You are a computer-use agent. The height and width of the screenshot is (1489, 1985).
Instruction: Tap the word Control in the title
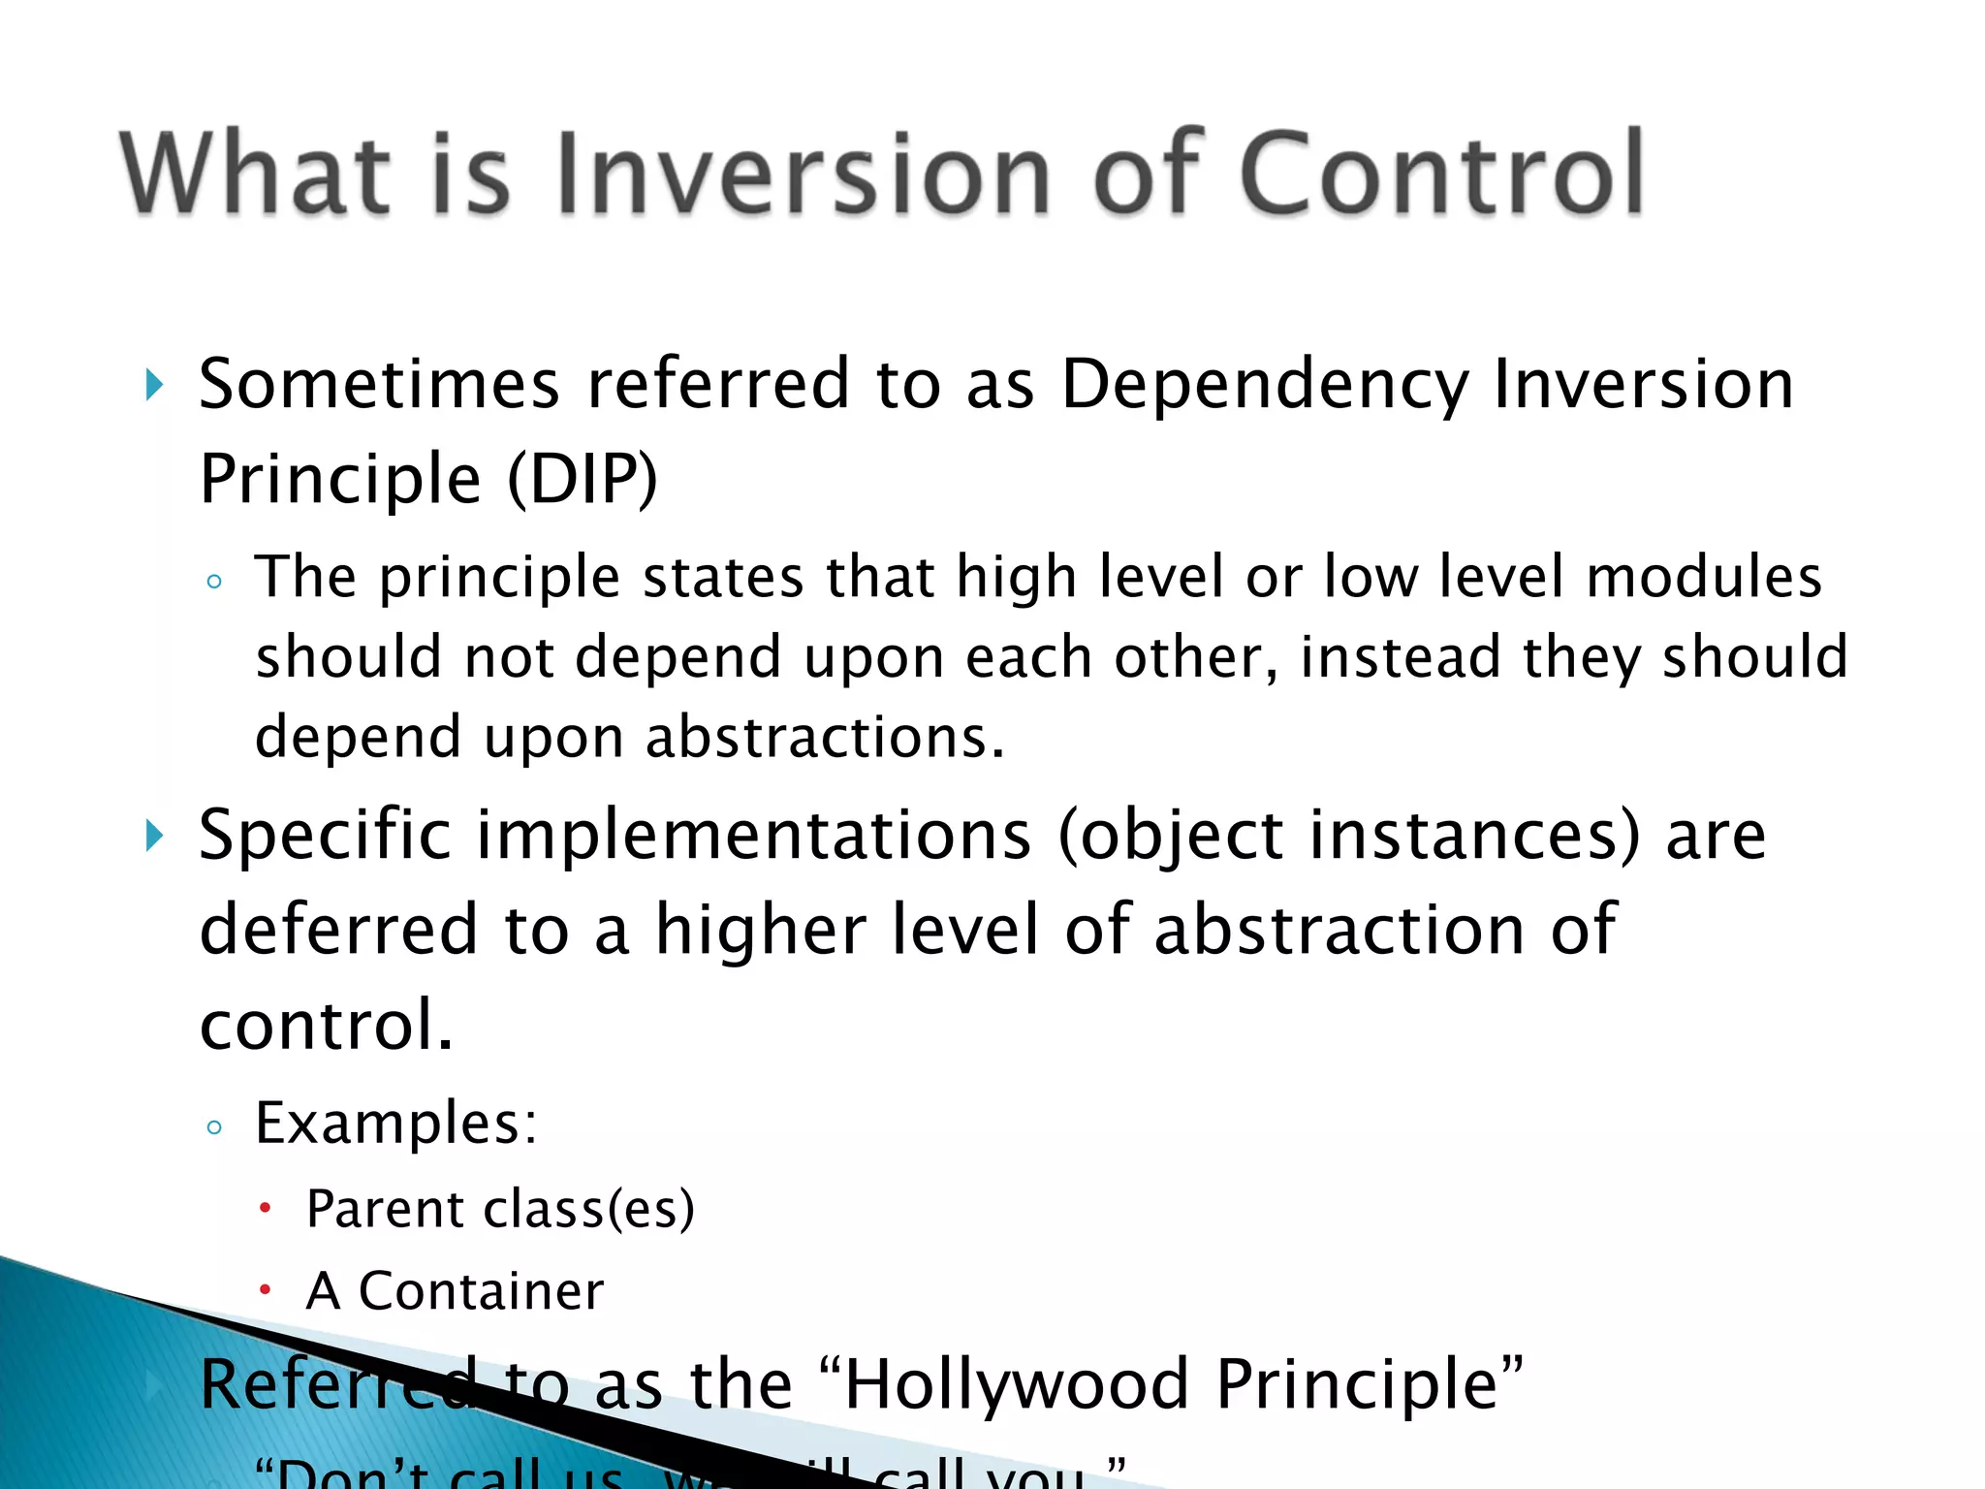tap(1440, 174)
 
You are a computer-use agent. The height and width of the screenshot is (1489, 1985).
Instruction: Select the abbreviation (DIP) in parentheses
tap(583, 479)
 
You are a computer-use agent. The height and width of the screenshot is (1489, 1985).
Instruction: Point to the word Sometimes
tap(379, 384)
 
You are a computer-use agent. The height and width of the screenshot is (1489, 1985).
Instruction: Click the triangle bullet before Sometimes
tap(154, 385)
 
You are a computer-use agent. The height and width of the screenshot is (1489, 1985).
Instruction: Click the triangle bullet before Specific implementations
tap(154, 836)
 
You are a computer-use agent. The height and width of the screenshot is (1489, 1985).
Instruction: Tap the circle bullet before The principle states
tap(214, 582)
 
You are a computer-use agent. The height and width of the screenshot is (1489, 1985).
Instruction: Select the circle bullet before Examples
tap(214, 1127)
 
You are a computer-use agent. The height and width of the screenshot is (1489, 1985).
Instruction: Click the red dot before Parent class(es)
tap(265, 1209)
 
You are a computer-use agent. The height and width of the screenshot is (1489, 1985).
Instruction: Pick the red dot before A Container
tap(265, 1290)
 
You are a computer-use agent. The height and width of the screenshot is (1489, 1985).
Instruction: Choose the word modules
tap(1703, 577)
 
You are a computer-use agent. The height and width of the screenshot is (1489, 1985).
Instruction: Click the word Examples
tap(395, 1125)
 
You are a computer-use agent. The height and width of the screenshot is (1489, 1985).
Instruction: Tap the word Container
tap(481, 1291)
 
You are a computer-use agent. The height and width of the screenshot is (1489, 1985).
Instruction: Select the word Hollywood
tap(1016, 1384)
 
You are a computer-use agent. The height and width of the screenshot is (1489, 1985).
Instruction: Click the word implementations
tap(754, 836)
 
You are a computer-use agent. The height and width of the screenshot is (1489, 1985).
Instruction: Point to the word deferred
tap(338, 929)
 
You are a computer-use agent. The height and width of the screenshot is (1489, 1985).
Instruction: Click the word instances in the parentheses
tap(1461, 836)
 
